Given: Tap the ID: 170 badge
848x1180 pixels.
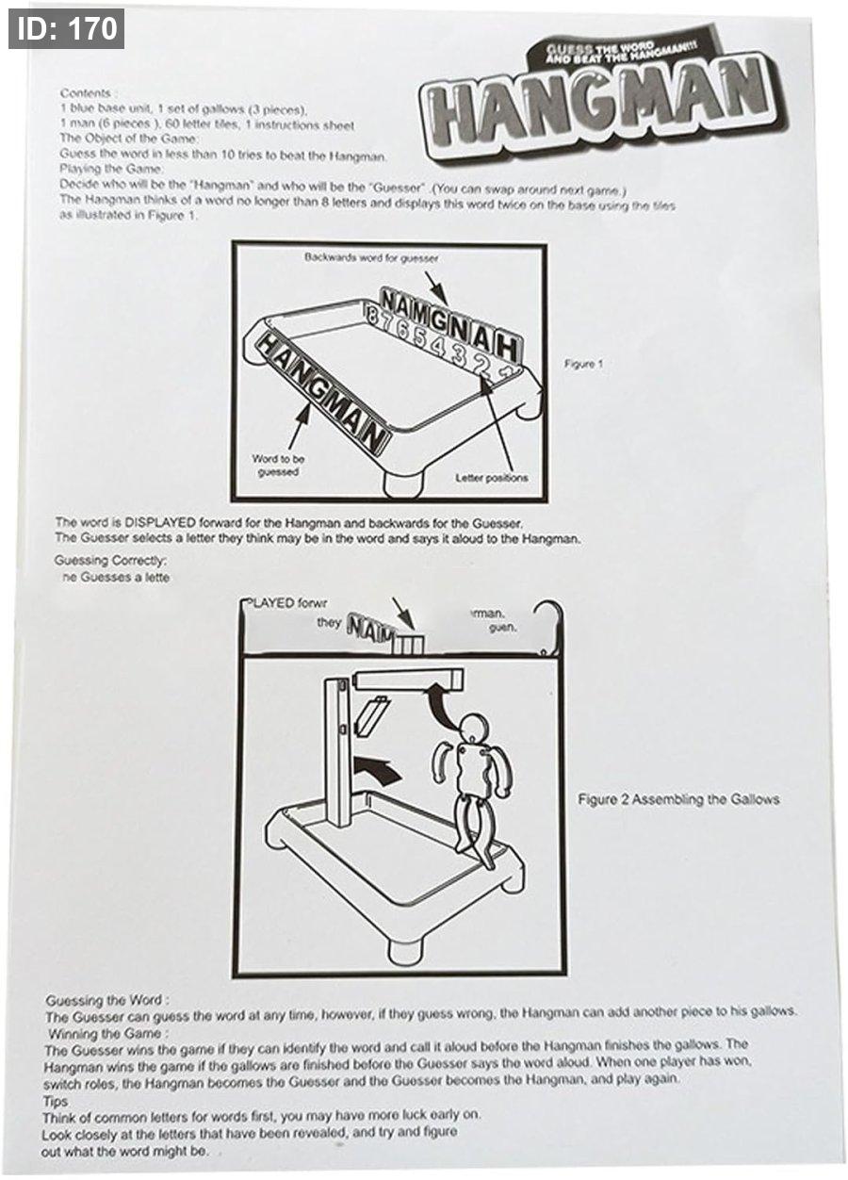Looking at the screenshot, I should [x=66, y=28].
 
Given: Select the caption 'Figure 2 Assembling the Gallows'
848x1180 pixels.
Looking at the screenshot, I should [x=678, y=799].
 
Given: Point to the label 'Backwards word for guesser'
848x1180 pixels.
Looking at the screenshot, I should [x=371, y=256].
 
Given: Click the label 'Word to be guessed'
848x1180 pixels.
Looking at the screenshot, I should [x=278, y=466].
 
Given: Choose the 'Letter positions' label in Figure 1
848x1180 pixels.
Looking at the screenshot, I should [x=492, y=478].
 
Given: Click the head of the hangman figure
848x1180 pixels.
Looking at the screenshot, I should [x=473, y=727].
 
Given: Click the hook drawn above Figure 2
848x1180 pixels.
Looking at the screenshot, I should [x=549, y=622].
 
